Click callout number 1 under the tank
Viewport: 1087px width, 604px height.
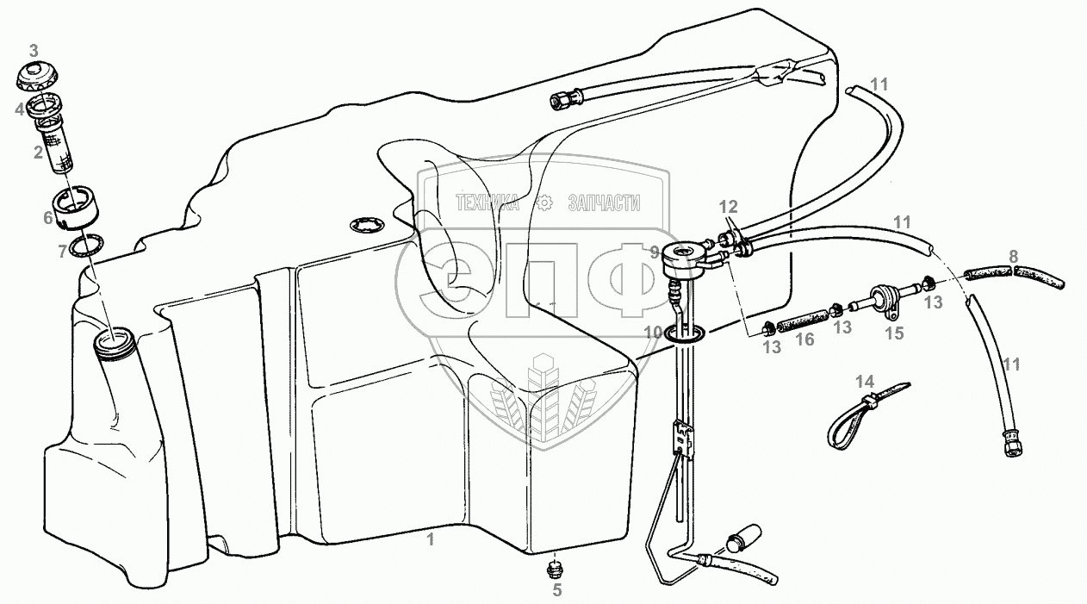coord(431,540)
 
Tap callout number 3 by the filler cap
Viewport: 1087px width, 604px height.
coord(34,48)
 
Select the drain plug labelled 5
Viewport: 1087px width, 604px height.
coord(555,569)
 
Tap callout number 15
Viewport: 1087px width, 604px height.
coord(896,333)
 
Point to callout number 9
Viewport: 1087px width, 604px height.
coord(655,253)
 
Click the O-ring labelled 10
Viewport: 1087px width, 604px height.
coord(686,333)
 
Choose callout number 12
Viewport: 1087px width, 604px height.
coord(729,207)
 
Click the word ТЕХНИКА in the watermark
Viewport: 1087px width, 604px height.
coord(487,202)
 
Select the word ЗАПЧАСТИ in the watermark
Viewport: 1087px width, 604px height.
coord(604,202)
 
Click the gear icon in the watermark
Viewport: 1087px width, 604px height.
coord(543,202)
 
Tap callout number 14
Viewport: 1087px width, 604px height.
coord(864,380)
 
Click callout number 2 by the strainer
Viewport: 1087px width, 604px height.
coord(38,153)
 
